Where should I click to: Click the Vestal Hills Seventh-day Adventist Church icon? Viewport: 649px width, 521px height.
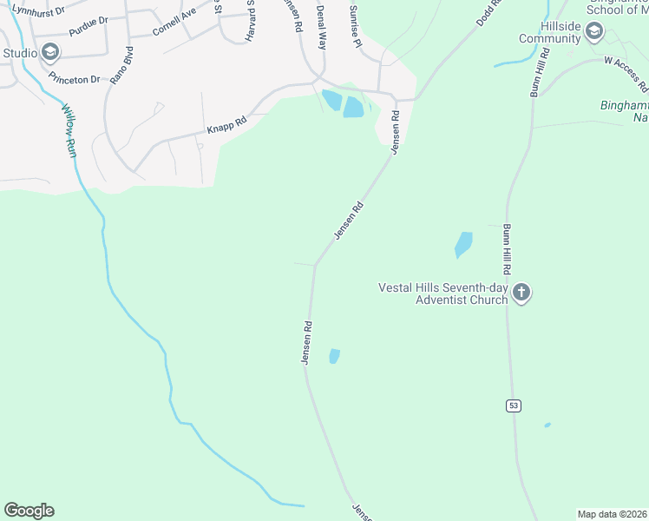click(x=521, y=293)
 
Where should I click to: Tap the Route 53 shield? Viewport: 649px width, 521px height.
click(x=515, y=406)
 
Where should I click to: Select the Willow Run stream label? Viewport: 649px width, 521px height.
click(x=70, y=130)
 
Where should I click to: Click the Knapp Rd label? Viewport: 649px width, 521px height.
click(x=226, y=126)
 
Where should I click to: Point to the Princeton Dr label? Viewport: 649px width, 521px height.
click(x=75, y=79)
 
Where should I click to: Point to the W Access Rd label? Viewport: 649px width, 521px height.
click(x=626, y=74)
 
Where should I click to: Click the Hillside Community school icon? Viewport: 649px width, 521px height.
click(x=594, y=33)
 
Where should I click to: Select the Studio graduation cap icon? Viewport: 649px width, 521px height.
click(x=50, y=53)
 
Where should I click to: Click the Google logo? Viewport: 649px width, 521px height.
click(x=29, y=511)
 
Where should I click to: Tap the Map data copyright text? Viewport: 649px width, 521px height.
click(x=613, y=514)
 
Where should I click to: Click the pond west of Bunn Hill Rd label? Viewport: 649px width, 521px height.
click(x=463, y=244)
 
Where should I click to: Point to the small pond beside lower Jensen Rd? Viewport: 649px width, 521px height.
click(x=334, y=356)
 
